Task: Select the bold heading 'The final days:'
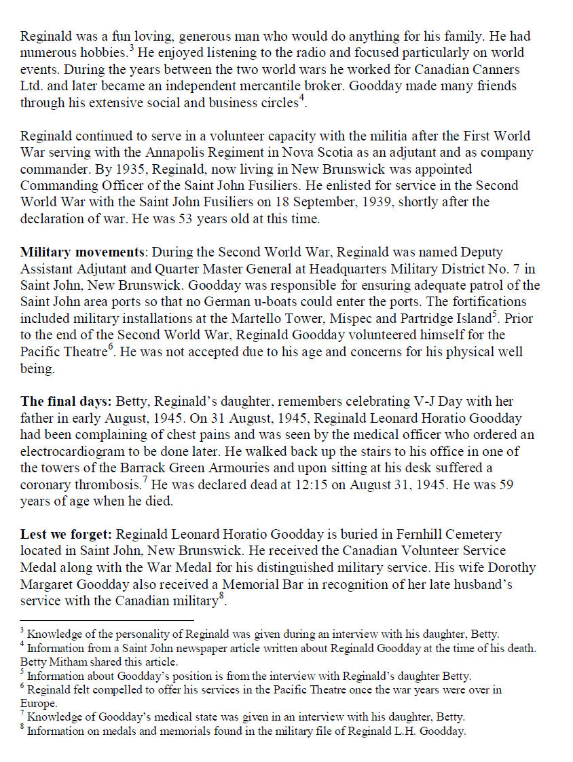click(x=62, y=401)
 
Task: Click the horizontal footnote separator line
click(x=107, y=620)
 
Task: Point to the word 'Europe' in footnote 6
click(x=37, y=704)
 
